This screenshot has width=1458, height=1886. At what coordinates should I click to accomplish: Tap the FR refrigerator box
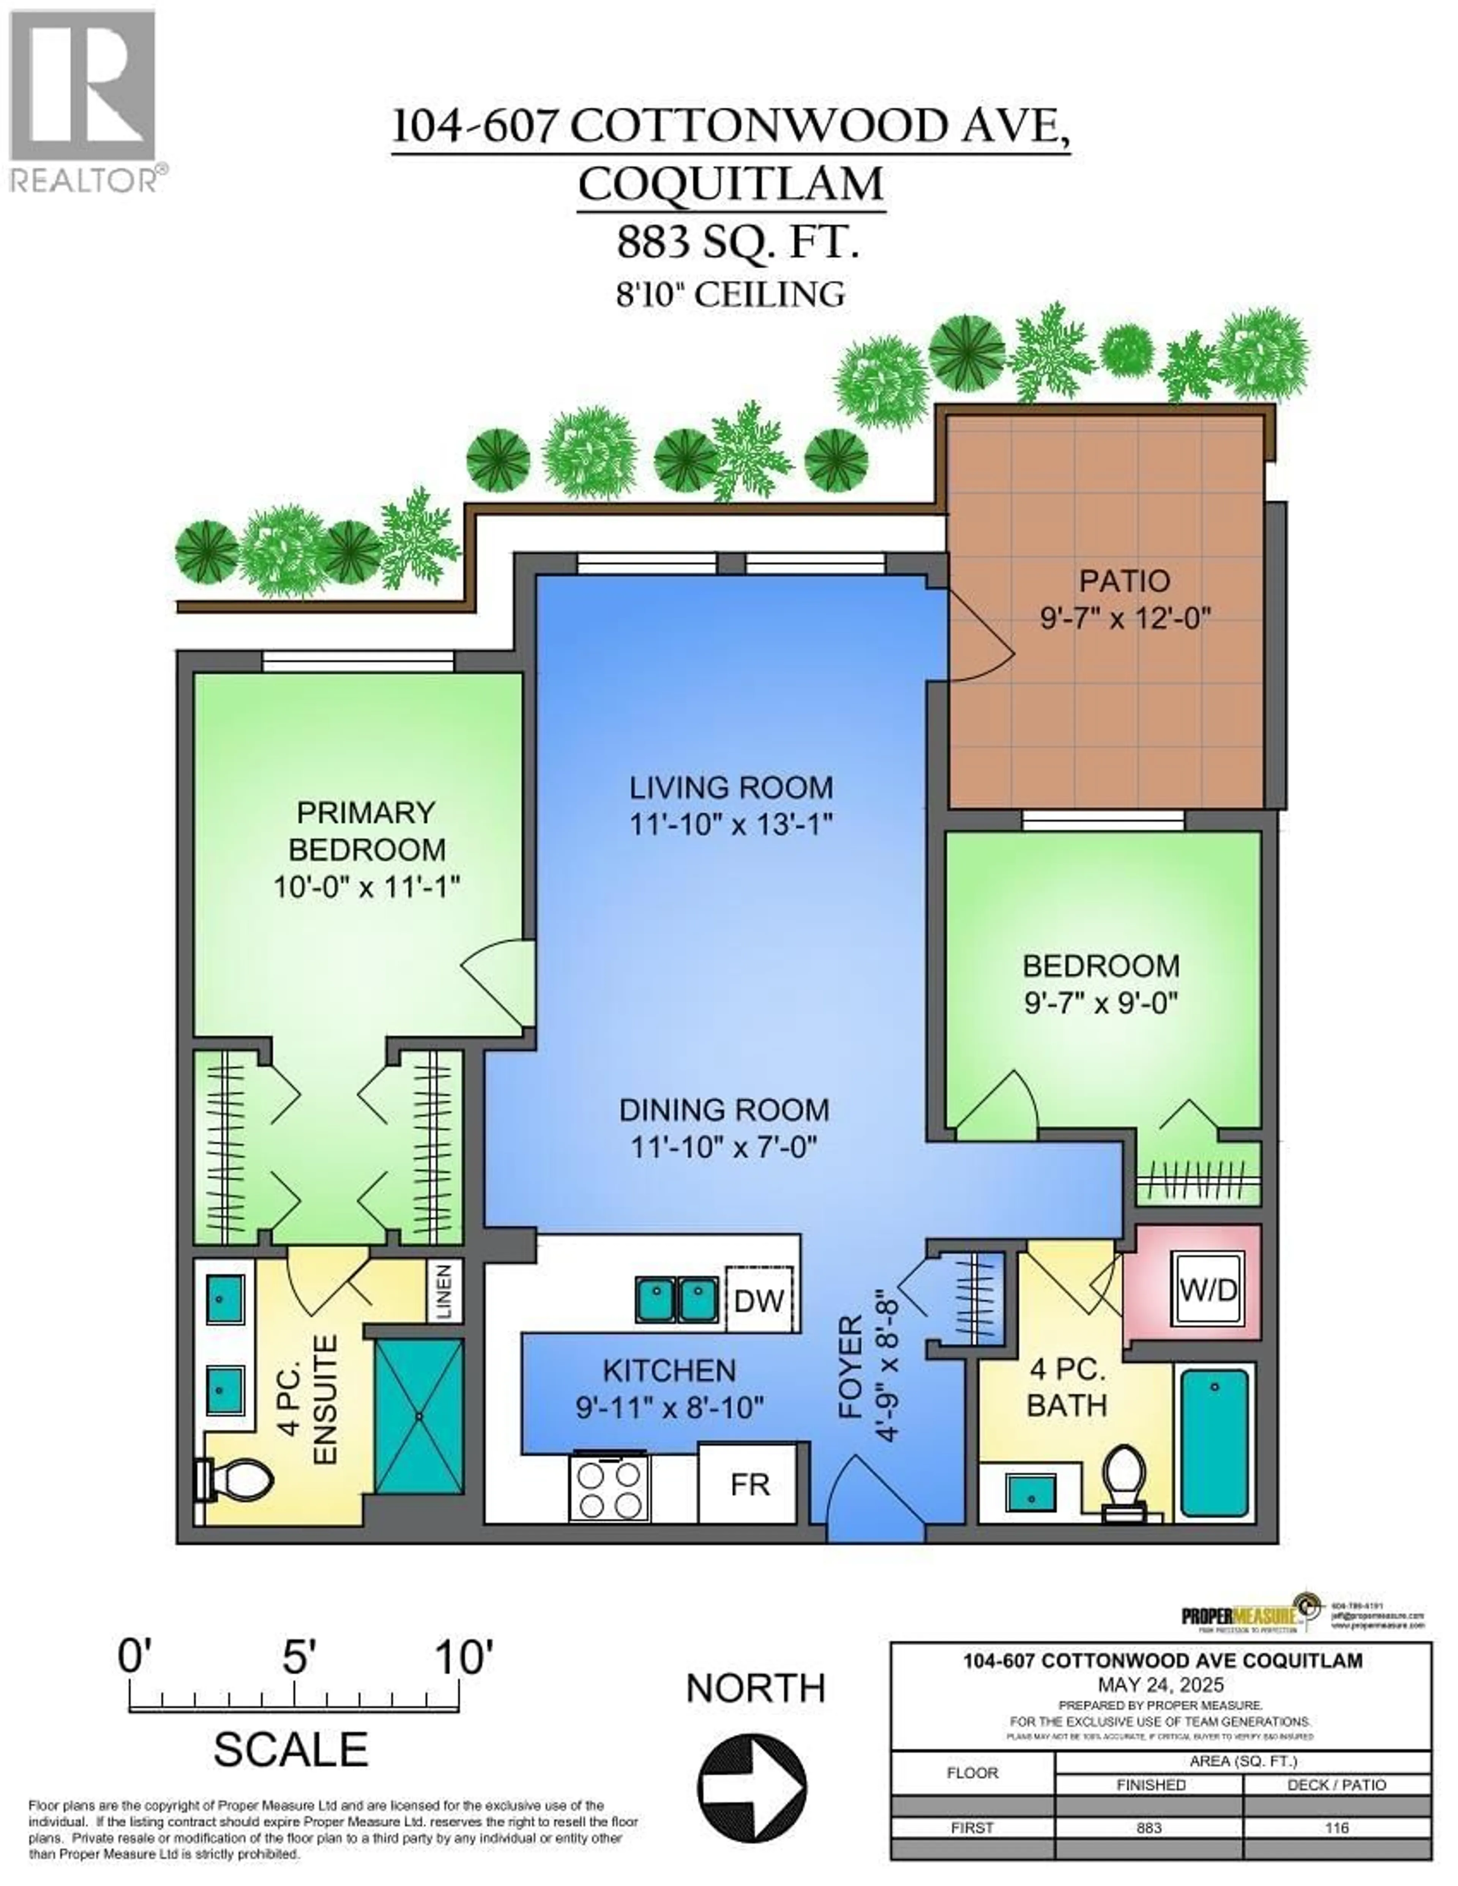point(749,1484)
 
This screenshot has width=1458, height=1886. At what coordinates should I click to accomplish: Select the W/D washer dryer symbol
point(1209,1290)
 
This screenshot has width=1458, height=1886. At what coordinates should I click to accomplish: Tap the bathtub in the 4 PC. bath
point(1213,1442)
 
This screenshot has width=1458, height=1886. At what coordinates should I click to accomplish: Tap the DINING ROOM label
point(724,1110)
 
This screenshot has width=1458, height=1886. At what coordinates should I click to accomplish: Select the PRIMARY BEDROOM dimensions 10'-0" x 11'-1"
point(366,887)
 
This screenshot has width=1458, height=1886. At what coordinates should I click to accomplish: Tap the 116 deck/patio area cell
point(1336,1827)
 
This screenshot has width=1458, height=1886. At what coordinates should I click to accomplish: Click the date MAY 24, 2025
point(1160,1684)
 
